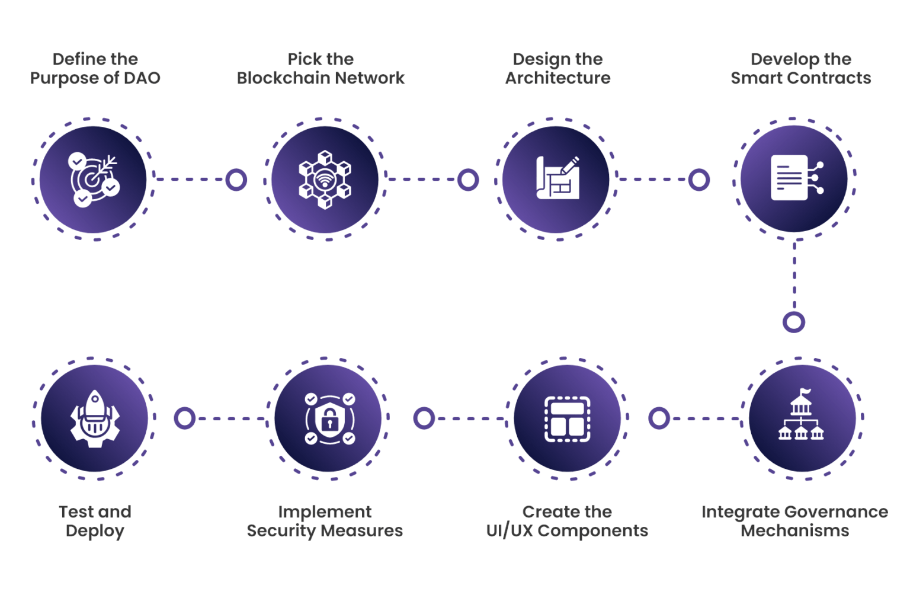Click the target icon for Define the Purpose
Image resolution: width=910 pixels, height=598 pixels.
click(x=94, y=180)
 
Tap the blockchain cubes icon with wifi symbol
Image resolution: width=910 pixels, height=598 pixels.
click(x=325, y=180)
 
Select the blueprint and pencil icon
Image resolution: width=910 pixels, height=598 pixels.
click(x=557, y=178)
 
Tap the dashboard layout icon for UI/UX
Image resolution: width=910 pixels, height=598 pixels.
click(x=568, y=419)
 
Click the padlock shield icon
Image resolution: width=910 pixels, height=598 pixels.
click(x=329, y=419)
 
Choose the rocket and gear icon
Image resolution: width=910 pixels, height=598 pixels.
click(x=95, y=419)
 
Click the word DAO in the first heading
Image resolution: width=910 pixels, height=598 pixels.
click(x=142, y=78)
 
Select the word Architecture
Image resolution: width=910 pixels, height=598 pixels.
click(x=557, y=78)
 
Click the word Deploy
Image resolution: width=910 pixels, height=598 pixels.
click(x=95, y=531)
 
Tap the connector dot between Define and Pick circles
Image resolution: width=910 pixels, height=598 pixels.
click(x=236, y=180)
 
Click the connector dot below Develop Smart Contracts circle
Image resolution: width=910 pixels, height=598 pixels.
click(x=793, y=322)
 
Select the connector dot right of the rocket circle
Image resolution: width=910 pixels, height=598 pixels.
click(x=185, y=418)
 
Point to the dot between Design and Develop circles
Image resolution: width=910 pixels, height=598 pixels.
click(x=698, y=180)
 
